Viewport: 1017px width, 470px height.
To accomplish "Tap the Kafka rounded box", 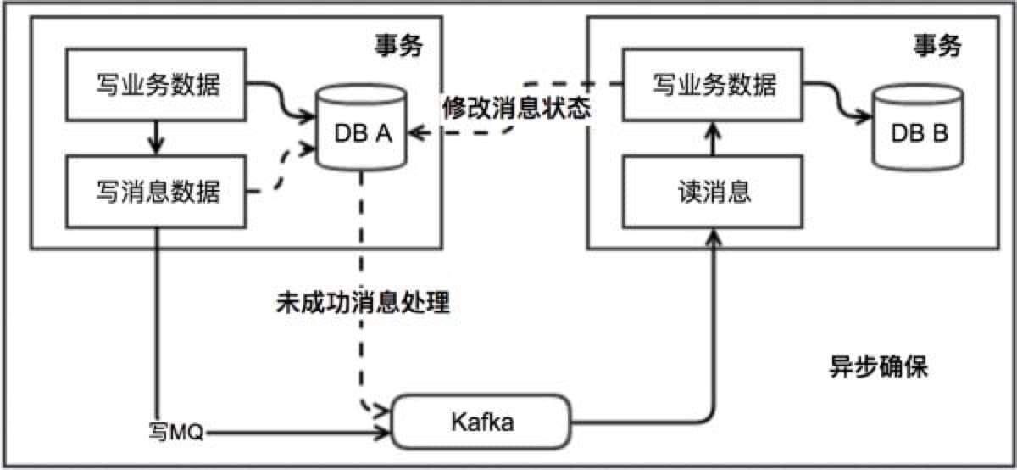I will click(x=481, y=422).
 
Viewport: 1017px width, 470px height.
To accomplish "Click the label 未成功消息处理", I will click(x=362, y=304).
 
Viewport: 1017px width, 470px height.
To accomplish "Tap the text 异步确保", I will click(x=878, y=368).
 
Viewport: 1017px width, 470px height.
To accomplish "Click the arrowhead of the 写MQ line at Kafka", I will click(x=383, y=434).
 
